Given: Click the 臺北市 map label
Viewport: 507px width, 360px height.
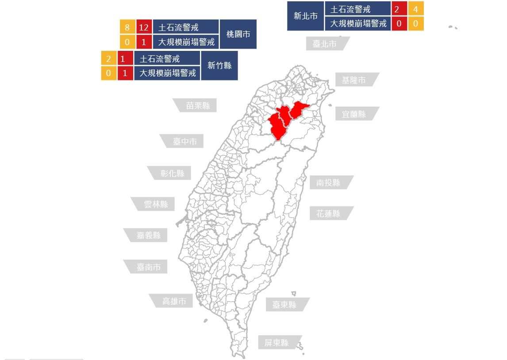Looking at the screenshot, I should (325, 44).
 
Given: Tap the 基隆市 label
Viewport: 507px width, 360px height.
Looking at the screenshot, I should (353, 80).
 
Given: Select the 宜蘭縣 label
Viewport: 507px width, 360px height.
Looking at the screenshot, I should (354, 114).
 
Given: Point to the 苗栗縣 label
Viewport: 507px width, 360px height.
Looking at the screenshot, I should (198, 106).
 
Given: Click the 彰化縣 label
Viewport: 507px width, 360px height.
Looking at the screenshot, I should (173, 173).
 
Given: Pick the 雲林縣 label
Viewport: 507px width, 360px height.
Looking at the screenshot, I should (156, 204).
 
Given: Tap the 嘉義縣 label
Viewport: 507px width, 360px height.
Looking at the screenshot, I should (149, 235).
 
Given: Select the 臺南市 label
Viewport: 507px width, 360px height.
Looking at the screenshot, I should (149, 267).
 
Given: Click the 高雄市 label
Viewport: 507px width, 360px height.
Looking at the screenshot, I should (174, 301).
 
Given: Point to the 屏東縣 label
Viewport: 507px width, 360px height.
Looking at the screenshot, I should (277, 343).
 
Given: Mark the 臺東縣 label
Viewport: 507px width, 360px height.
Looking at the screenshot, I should (284, 305).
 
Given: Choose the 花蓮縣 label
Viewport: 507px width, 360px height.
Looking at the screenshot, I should (328, 213).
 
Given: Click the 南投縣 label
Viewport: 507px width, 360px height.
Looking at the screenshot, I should (328, 183).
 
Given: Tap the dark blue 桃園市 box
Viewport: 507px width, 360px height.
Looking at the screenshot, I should (238, 34).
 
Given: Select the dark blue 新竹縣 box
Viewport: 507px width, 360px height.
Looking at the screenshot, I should (219, 65).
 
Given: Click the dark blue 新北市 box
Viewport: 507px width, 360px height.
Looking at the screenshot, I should (306, 16).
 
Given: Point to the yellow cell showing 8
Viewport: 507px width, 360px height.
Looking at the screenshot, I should (127, 27).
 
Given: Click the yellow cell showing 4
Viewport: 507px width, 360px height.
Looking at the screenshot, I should (415, 8).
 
